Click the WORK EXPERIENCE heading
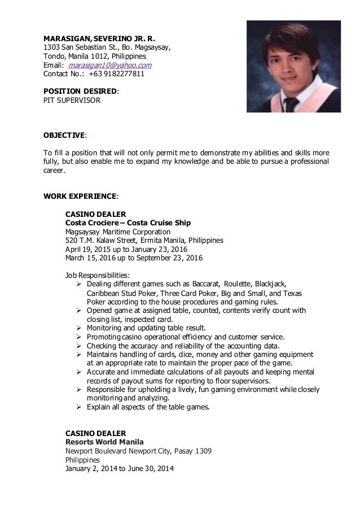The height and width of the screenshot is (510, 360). pos(81,197)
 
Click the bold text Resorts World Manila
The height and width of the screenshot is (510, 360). pos(104,441)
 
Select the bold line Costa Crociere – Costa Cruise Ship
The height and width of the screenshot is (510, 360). pos(125,223)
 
